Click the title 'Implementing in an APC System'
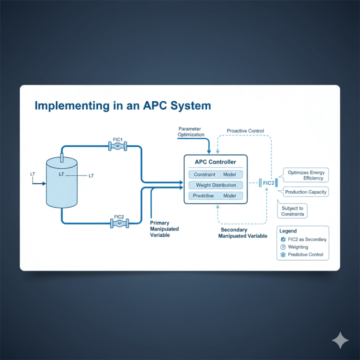123,106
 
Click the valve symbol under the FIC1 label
118,147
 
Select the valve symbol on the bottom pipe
119,224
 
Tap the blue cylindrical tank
61,183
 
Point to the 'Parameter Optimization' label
191,131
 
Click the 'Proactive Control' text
245,131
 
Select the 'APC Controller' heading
216,162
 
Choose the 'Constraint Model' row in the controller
216,174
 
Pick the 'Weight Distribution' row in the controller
216,185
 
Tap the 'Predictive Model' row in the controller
216,196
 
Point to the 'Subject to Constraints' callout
293,211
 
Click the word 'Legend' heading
288,231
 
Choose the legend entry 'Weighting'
298,247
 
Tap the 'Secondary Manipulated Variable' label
242,233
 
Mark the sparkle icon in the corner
340,341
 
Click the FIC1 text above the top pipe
117,139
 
